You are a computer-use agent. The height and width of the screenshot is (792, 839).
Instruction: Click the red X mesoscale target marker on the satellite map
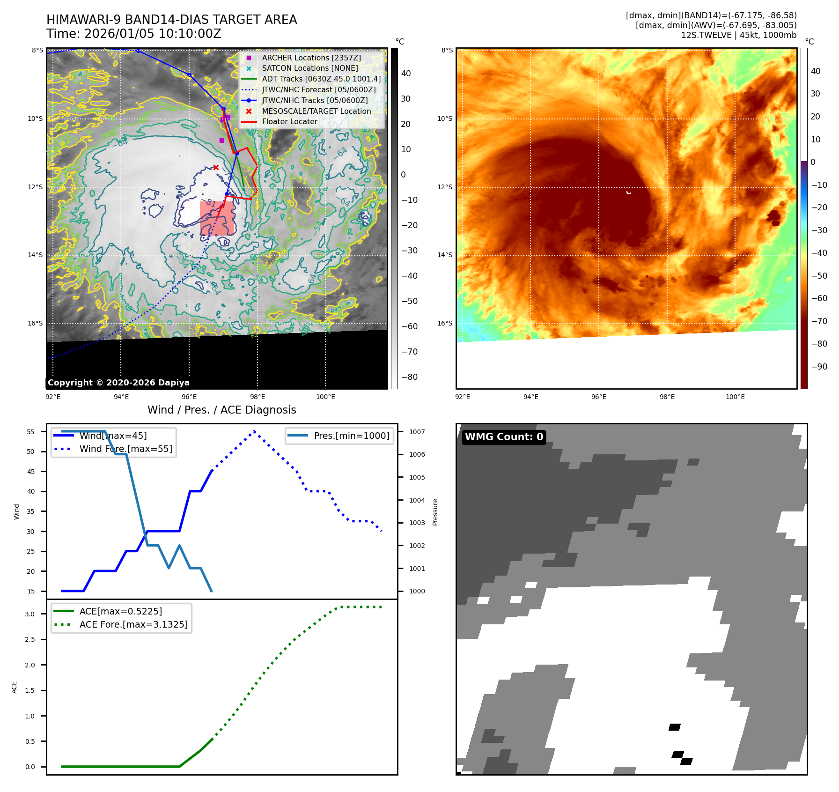(216, 167)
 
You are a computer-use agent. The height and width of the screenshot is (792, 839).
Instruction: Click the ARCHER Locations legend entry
(311, 58)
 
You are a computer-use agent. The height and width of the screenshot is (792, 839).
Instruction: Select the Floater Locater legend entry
(289, 122)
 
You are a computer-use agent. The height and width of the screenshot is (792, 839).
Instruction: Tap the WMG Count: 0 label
(504, 437)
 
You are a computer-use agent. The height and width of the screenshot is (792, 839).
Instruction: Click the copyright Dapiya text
(118, 383)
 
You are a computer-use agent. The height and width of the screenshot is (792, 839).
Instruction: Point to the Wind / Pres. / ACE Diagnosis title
(221, 410)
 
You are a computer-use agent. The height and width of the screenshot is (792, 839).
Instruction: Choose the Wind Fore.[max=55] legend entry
(125, 449)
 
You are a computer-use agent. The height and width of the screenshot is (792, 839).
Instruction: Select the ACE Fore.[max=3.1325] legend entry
(133, 625)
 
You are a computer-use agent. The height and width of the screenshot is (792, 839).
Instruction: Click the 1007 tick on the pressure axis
(417, 432)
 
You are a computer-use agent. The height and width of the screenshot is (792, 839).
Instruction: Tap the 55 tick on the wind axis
(31, 432)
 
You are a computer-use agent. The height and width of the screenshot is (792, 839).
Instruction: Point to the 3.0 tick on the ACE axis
(30, 614)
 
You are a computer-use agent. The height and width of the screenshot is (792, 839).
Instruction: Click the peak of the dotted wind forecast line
(254, 431)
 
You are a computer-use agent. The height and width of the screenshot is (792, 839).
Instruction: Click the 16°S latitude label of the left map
(35, 324)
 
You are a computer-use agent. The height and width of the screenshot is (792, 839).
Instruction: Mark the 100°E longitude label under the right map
(735, 397)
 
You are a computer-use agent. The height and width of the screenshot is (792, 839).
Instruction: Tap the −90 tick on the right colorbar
(819, 367)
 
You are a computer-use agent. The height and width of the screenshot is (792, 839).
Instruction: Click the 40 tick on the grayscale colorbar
(406, 74)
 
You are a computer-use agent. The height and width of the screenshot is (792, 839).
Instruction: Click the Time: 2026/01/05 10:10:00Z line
(133, 34)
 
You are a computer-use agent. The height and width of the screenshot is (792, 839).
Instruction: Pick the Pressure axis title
(435, 512)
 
